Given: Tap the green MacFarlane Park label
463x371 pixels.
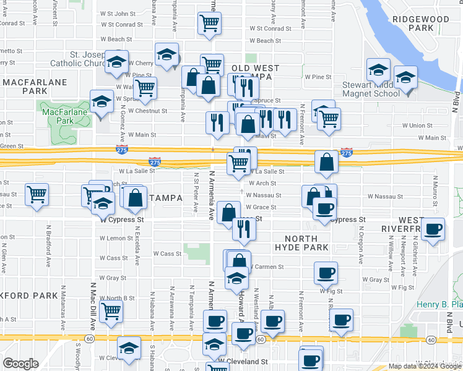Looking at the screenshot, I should click(66, 116).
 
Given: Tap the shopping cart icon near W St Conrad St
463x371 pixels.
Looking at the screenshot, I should click(209, 24).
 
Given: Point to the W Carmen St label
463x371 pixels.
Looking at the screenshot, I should click(267, 267).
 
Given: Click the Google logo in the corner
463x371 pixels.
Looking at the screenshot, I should click(20, 364).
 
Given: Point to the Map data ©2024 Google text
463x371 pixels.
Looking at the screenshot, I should click(425, 367).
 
